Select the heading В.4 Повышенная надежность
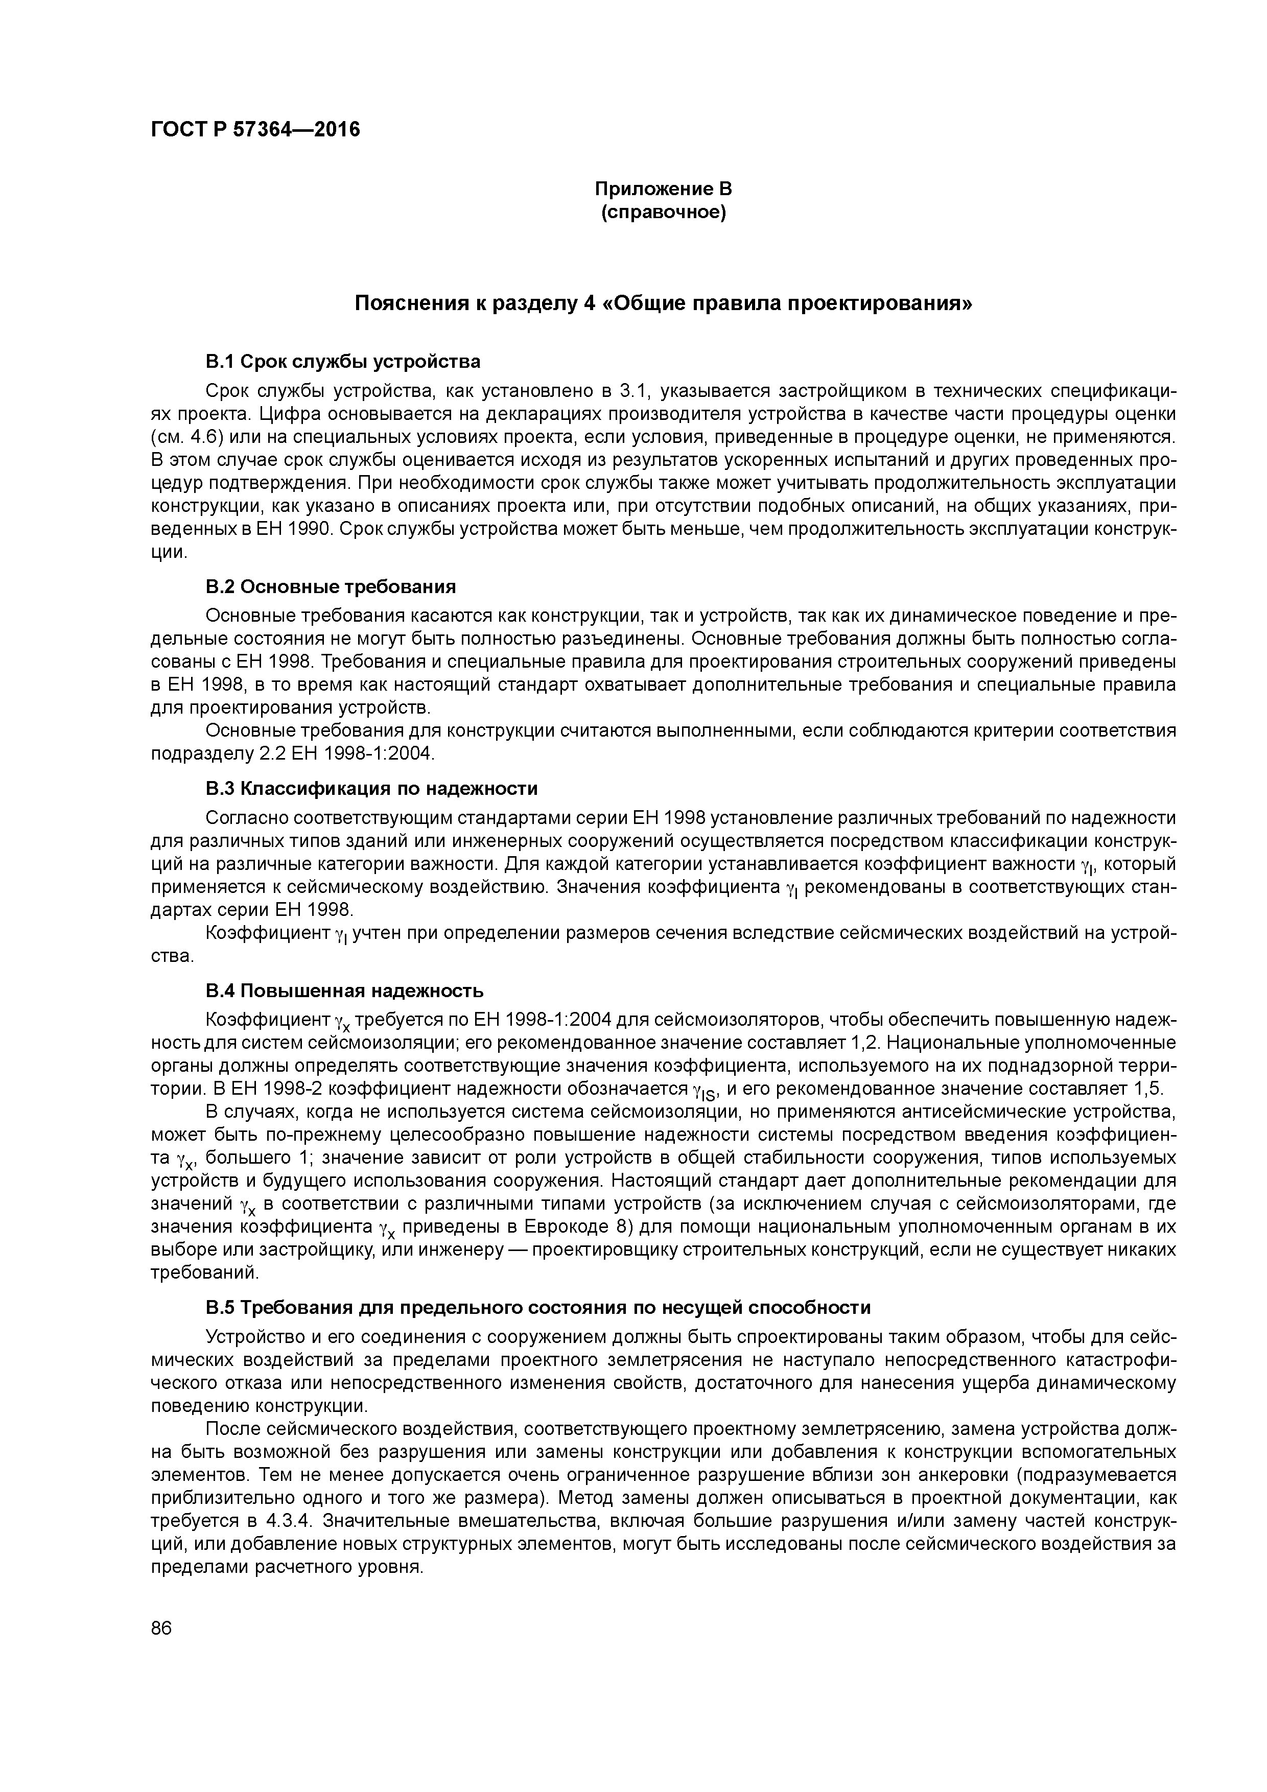pyautogui.click(x=344, y=991)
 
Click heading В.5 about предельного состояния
pyautogui.click(x=538, y=1307)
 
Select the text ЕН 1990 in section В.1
pyautogui.click(x=295, y=529)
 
